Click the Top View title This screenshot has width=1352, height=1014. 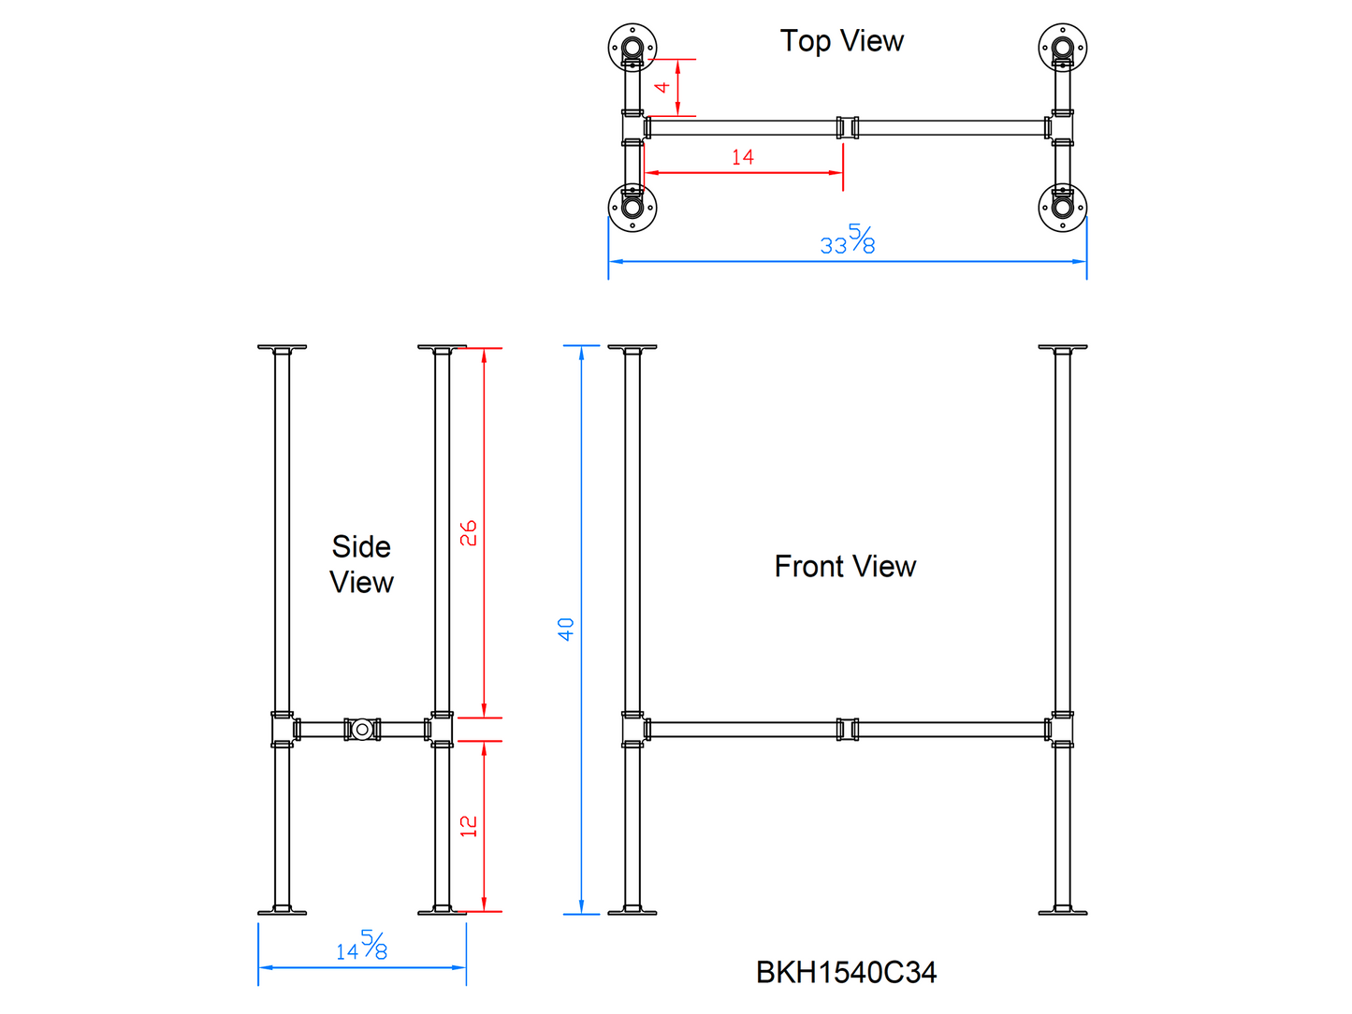[842, 41]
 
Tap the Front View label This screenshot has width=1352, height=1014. [845, 566]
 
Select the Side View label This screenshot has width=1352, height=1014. [362, 564]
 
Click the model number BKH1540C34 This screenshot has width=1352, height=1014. [846, 973]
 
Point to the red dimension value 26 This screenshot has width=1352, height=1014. [469, 533]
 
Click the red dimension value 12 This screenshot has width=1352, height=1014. [469, 825]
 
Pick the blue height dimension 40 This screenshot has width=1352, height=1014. [566, 629]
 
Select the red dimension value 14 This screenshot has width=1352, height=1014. [743, 157]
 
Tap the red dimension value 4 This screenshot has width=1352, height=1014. [662, 87]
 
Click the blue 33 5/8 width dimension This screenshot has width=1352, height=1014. [848, 240]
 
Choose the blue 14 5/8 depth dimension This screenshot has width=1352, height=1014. [362, 947]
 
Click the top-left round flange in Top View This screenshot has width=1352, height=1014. [632, 47]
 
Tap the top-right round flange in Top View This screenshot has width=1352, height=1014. [1063, 47]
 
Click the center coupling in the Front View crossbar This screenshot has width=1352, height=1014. [848, 730]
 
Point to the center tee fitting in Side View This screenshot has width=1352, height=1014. [362, 729]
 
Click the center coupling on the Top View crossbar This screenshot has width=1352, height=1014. [848, 127]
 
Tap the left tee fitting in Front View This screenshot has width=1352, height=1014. [633, 730]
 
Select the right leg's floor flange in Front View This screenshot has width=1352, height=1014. [1063, 910]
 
